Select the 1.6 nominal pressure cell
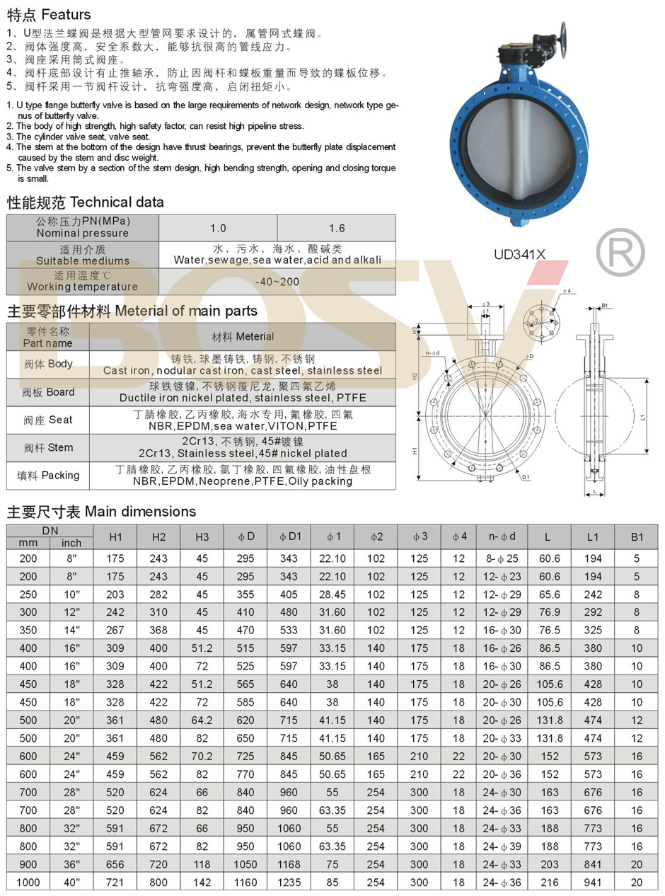click(337, 228)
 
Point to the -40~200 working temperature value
click(277, 282)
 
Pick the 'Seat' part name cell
click(47, 420)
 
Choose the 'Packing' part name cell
click(47, 475)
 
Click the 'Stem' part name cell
click(47, 447)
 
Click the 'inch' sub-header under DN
click(71, 543)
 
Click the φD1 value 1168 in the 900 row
click(289, 865)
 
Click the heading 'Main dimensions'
click(101, 512)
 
